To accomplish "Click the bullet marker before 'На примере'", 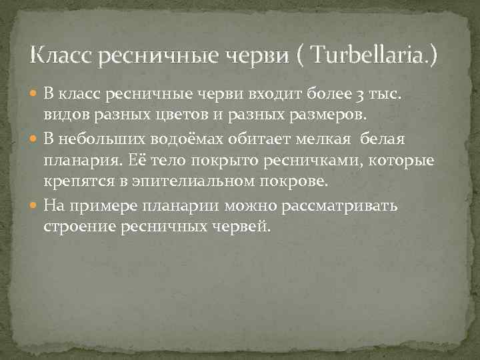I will tap(34, 205).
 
